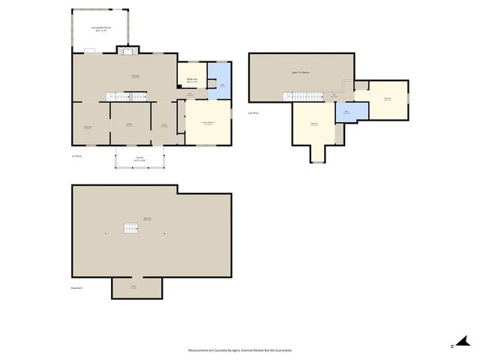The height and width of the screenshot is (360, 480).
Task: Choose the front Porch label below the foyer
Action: tap(139, 158)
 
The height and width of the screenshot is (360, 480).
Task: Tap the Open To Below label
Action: tap(300, 73)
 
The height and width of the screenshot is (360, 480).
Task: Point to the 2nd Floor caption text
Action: tap(254, 113)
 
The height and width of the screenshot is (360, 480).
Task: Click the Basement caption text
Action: tap(76, 288)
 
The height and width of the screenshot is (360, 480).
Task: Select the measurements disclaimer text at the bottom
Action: tap(240, 350)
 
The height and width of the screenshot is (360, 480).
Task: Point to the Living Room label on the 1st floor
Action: tap(135, 76)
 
